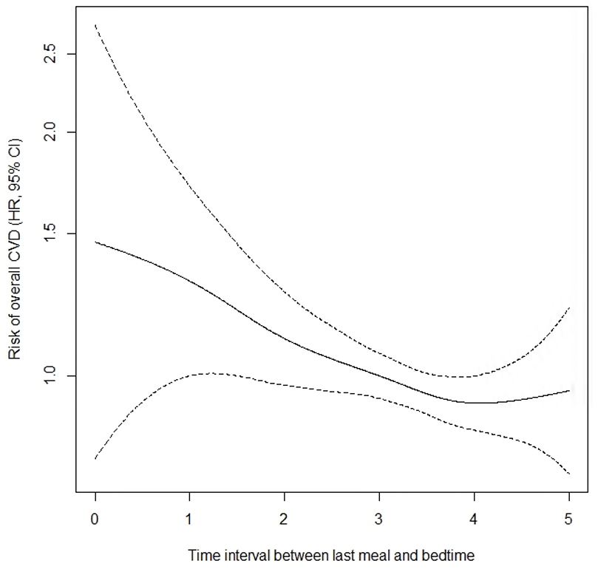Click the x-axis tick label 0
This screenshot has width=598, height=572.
click(95, 520)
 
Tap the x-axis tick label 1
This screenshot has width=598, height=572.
click(190, 520)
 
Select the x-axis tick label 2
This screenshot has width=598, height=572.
click(285, 520)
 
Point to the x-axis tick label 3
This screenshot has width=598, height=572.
click(379, 520)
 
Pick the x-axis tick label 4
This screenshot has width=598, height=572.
click(474, 520)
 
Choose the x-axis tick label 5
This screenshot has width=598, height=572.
click(568, 520)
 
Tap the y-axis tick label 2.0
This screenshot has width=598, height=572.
click(50, 132)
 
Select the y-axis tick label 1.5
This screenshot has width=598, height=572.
click(50, 234)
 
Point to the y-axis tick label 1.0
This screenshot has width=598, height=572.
click(50, 376)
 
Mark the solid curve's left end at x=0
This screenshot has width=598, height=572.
click(95, 242)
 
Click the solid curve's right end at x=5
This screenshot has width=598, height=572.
click(569, 390)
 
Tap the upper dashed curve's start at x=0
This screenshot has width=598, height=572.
click(95, 24)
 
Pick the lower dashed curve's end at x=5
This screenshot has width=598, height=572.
click(569, 474)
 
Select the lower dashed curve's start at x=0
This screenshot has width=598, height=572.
click(95, 459)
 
